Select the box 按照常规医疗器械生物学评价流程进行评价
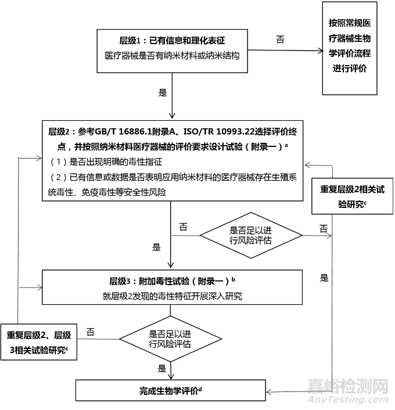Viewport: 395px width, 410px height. (x=357, y=48)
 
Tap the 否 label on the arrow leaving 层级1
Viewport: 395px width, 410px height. (x=281, y=39)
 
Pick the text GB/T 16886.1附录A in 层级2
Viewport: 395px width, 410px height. (x=133, y=131)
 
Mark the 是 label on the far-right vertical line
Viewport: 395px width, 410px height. (x=324, y=278)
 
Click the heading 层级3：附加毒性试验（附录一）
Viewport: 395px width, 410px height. (x=171, y=280)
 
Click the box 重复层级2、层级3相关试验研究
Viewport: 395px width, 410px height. (x=39, y=342)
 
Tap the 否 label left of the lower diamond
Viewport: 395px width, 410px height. (x=90, y=332)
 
